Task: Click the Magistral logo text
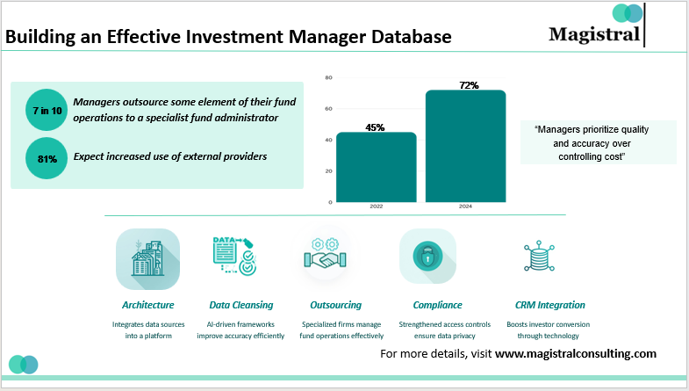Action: (x=594, y=34)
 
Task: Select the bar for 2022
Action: (x=376, y=167)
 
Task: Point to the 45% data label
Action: (x=375, y=127)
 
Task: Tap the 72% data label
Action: (x=468, y=85)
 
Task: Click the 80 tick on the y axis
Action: (x=328, y=78)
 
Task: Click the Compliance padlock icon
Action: (x=427, y=257)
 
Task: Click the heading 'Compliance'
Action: (x=437, y=305)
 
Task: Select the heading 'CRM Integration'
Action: (x=550, y=305)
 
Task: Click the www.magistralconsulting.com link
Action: (x=576, y=353)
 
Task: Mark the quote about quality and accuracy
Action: (x=598, y=142)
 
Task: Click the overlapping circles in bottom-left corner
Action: (x=24, y=364)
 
